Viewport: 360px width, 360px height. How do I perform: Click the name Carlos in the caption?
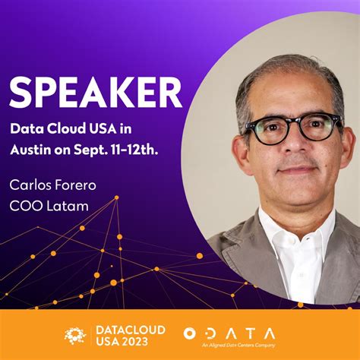tap(30, 184)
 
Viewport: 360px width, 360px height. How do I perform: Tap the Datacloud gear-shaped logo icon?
tap(75, 335)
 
